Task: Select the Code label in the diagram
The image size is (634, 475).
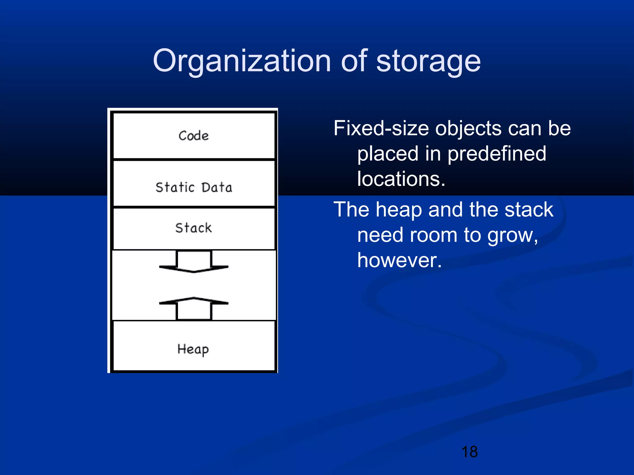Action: pyautogui.click(x=193, y=136)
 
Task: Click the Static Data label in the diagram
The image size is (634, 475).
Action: pyautogui.click(x=194, y=187)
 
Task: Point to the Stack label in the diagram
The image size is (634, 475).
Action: pyautogui.click(x=193, y=228)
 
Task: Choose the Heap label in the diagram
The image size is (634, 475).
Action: pyautogui.click(x=193, y=349)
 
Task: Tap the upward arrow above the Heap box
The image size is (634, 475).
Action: pyautogui.click(x=194, y=307)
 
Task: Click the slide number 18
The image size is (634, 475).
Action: pyautogui.click(x=469, y=452)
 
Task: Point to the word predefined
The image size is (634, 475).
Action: pyautogui.click(x=497, y=154)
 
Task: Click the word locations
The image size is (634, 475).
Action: pyautogui.click(x=401, y=179)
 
